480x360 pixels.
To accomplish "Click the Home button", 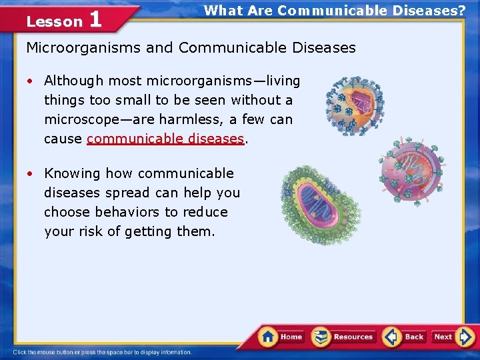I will (282, 337).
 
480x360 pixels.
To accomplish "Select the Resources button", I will (344, 337).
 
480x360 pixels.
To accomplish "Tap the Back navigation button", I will (405, 337).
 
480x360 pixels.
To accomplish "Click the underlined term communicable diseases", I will (165, 139).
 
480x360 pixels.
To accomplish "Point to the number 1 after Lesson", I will (95, 19).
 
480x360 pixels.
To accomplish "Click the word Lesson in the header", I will (54, 21).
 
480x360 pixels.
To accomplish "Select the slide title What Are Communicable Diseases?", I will (335, 11).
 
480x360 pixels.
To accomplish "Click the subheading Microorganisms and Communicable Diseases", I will (191, 48).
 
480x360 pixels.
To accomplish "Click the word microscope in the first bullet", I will (81, 119).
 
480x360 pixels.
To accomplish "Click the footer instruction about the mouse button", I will (102, 352).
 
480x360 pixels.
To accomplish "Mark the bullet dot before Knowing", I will (31, 173).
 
